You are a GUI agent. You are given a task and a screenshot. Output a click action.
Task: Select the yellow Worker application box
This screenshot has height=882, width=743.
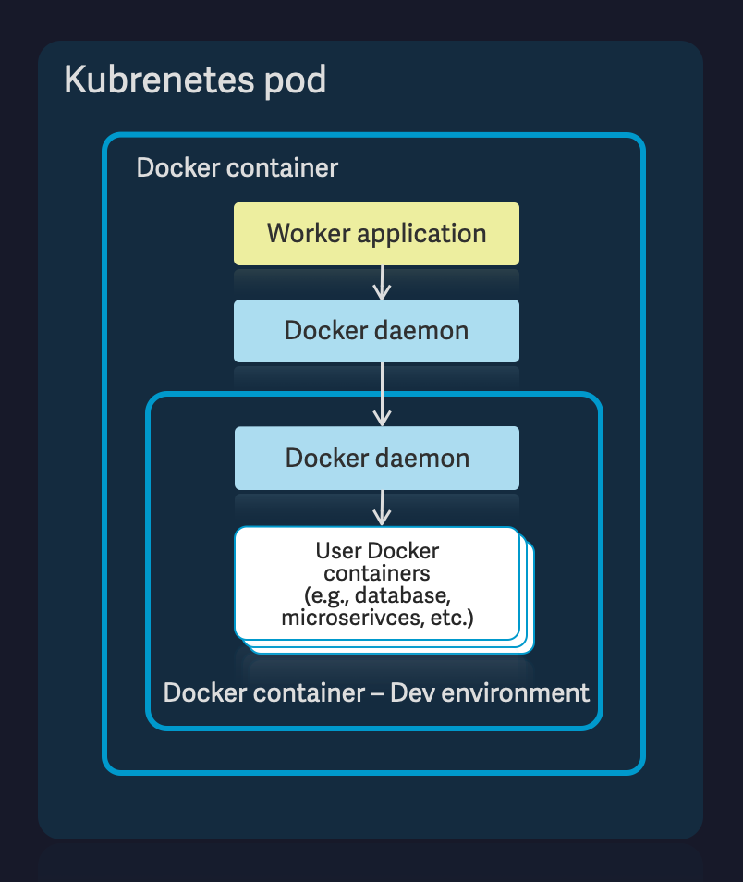(x=376, y=234)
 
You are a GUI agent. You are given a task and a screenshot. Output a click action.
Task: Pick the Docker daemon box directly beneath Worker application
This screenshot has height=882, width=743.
(x=376, y=330)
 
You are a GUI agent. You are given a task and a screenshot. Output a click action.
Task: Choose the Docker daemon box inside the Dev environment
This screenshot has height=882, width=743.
(x=376, y=458)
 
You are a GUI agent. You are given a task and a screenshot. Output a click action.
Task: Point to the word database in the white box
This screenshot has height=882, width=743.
(x=408, y=595)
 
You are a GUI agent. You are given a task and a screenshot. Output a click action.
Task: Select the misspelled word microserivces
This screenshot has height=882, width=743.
(x=353, y=618)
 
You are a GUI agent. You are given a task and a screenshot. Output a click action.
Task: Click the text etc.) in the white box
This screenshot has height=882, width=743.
(x=452, y=618)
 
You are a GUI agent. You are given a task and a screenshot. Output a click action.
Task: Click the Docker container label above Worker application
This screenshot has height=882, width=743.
(x=238, y=168)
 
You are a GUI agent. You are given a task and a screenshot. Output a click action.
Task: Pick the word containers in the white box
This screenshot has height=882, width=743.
(x=376, y=573)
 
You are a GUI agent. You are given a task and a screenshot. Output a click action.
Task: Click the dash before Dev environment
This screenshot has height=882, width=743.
(x=375, y=692)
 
